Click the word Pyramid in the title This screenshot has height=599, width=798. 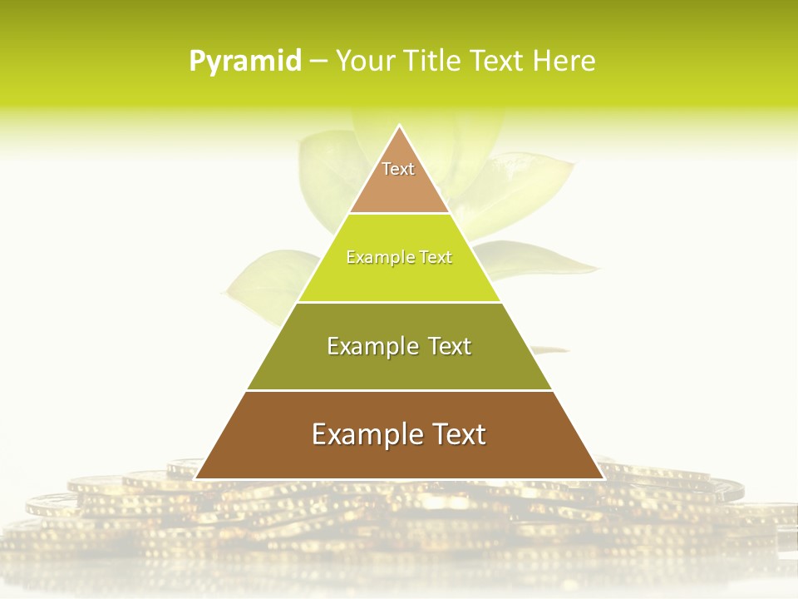pyautogui.click(x=245, y=62)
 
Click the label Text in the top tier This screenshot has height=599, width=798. pyautogui.click(x=398, y=169)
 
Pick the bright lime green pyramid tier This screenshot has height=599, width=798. pyautogui.click(x=399, y=279)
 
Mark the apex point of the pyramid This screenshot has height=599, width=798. pyautogui.click(x=399, y=126)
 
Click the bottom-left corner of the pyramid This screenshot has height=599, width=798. pyautogui.click(x=196, y=478)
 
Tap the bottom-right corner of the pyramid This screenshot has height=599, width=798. pyautogui.click(x=602, y=478)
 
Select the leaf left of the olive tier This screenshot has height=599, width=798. pyautogui.click(x=258, y=283)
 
